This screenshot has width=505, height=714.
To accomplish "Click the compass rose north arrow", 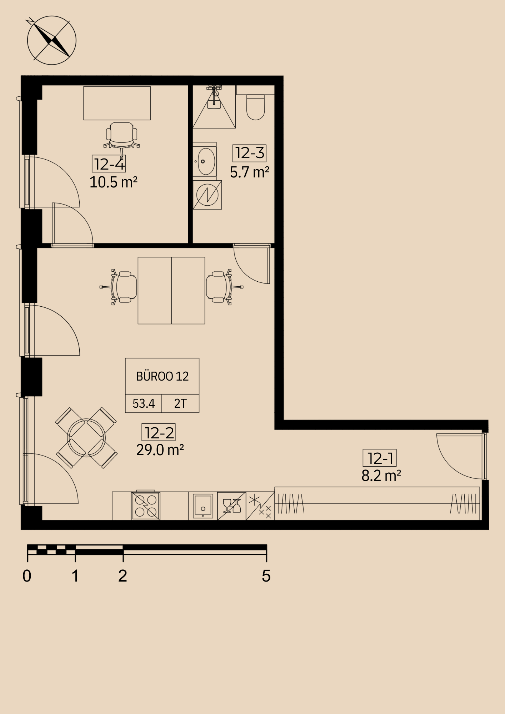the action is (51, 40).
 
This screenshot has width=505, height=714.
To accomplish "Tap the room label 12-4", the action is (109, 164).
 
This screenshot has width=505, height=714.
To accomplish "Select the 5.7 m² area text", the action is (250, 172).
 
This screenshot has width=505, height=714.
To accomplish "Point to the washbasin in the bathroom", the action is (205, 161).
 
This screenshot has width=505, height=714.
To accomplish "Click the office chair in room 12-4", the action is (121, 136).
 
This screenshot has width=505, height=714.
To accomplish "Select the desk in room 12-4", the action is (117, 103).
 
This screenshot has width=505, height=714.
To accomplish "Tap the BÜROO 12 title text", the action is (162, 376).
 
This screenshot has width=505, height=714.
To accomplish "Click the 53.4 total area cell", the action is (144, 404).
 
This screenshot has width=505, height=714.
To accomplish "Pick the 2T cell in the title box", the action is (180, 404).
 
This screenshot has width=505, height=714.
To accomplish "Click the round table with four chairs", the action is (86, 438).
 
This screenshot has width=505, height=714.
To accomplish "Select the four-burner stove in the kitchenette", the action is (146, 506).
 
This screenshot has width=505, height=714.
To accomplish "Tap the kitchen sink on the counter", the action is (203, 506).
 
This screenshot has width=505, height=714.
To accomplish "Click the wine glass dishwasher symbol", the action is (231, 506).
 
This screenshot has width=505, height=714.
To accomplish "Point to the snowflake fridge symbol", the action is (260, 506).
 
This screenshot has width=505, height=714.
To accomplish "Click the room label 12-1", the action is (380, 458).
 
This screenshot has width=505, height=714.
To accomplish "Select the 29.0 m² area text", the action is (160, 450).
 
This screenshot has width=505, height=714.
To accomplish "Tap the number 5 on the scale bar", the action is (266, 576).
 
